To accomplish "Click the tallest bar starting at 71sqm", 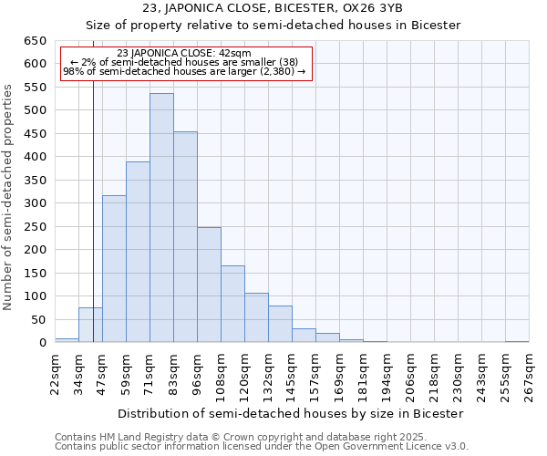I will [161, 219].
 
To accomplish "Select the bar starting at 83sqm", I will [185, 237].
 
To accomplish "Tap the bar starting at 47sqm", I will [114, 269].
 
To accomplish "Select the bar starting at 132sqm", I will [280, 325].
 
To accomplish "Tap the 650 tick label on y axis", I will [35, 41].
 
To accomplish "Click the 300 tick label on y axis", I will [35, 203].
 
